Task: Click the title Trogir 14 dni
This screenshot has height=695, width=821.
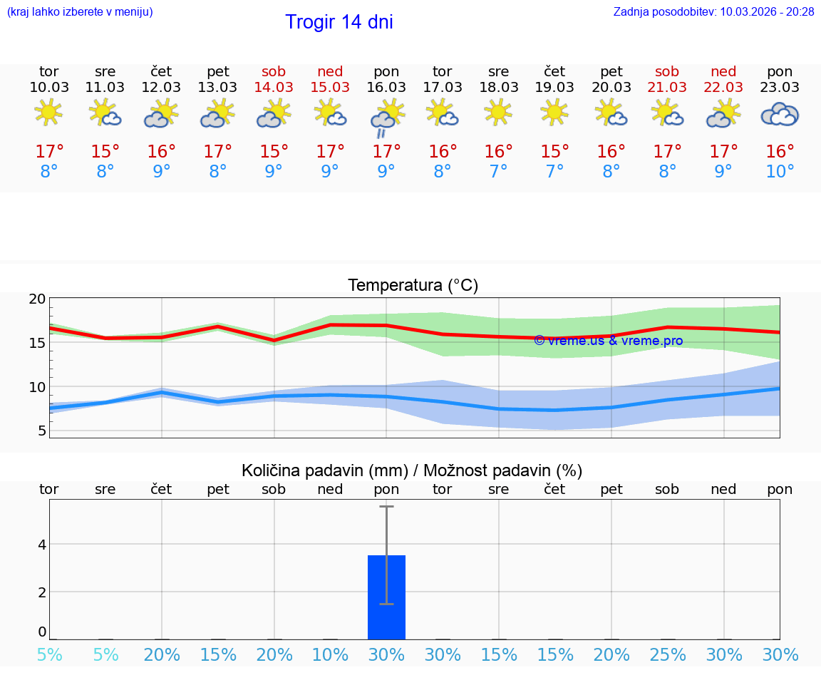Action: pos(339,22)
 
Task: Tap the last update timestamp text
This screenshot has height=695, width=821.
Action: pos(713,12)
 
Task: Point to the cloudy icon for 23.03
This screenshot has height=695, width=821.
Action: pos(780,114)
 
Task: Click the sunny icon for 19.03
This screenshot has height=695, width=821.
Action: pos(554,112)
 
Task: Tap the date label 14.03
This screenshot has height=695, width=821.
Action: pos(274,88)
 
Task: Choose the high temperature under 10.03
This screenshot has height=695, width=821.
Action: pos(49,152)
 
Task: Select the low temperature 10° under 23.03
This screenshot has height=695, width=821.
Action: pos(780,172)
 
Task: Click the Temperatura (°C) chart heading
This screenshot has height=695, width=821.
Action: pos(413,286)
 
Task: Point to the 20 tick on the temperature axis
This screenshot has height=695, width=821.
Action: pos(37,299)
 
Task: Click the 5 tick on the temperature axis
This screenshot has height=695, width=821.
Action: pos(41,431)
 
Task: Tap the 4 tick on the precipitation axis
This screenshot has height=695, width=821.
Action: pos(41,545)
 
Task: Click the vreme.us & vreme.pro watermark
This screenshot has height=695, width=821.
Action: pos(608,341)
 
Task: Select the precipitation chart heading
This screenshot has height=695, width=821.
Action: pos(412,470)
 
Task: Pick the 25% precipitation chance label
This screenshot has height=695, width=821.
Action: pos(668,655)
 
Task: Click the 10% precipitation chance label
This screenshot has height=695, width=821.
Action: pos(330,655)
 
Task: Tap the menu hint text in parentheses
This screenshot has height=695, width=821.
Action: pos(80,12)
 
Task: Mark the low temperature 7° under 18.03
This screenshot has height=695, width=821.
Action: pos(498,172)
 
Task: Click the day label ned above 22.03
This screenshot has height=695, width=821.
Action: pos(724,71)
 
